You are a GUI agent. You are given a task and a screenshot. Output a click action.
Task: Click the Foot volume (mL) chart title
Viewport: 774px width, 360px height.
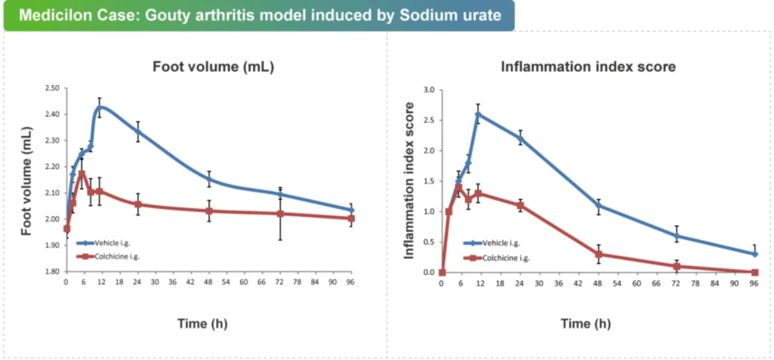point(213,67)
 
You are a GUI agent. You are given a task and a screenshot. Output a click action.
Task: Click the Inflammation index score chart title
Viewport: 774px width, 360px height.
point(588,67)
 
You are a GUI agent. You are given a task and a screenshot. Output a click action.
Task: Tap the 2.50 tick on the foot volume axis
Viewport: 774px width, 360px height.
point(51,87)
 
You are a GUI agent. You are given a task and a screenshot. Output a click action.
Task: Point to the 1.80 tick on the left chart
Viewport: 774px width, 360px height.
point(51,272)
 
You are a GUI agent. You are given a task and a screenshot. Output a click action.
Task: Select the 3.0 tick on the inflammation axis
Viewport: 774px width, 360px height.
point(429,89)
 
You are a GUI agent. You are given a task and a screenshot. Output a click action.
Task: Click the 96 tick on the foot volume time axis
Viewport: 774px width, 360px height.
point(351,283)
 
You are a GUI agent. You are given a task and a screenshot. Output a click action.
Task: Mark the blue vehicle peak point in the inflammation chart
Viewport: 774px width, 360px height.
point(478,114)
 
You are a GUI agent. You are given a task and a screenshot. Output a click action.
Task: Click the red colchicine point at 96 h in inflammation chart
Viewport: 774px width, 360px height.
point(755,272)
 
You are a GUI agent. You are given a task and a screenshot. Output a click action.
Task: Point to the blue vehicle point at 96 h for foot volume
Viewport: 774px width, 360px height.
point(351,210)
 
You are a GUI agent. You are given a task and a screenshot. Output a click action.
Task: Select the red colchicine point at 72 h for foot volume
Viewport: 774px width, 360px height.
point(280,214)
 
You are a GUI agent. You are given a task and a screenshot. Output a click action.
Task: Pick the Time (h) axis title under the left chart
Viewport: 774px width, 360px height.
point(203,323)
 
